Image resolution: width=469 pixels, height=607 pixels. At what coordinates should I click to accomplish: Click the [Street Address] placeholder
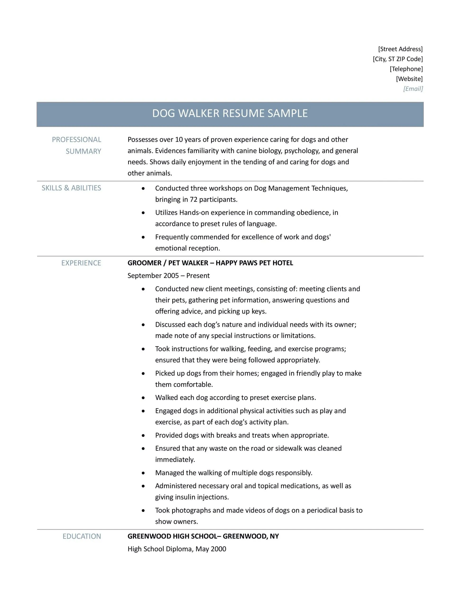click(400, 49)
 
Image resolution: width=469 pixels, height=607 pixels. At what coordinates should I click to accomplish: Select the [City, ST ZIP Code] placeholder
click(398, 59)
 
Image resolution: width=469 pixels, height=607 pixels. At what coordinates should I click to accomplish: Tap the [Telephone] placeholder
click(406, 69)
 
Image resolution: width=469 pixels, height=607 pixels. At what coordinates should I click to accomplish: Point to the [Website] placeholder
click(409, 79)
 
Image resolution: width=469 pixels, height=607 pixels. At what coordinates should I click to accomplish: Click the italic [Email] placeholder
click(413, 89)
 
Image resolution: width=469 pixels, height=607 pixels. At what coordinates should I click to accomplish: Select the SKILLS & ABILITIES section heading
click(71, 188)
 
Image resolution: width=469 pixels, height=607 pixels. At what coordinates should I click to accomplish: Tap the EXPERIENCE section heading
click(81, 263)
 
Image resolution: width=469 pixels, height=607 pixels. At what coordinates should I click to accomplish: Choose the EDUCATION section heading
click(82, 536)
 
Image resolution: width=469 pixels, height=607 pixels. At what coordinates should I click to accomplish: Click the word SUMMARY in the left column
click(83, 152)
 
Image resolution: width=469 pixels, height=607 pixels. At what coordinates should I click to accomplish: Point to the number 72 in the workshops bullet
click(193, 200)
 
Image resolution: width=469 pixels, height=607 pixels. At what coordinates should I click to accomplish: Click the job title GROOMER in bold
click(144, 263)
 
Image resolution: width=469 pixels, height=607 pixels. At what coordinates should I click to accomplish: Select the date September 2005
click(153, 276)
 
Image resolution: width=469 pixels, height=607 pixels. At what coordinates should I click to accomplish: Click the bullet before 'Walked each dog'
click(143, 398)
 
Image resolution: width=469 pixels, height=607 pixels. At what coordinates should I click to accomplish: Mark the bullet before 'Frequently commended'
click(143, 237)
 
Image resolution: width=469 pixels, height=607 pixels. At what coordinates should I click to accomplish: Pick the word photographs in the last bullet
click(190, 510)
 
